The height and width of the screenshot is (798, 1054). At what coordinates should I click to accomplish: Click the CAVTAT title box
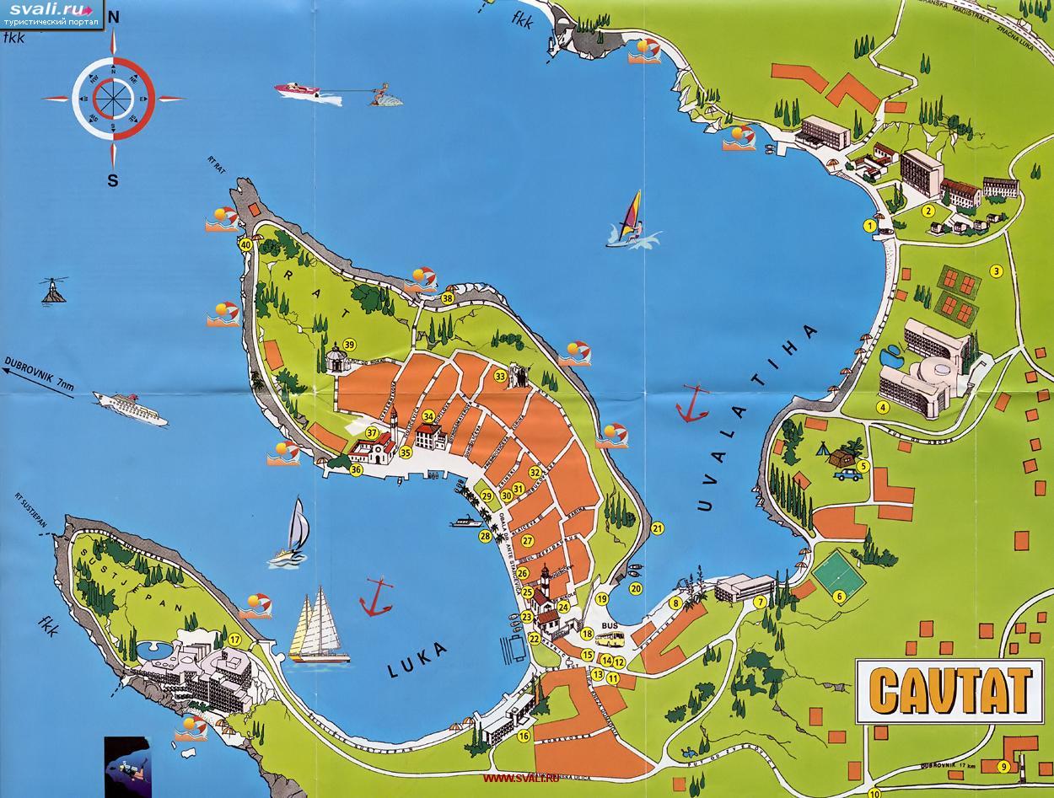[949, 690]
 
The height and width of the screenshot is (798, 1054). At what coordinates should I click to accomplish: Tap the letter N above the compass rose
[113, 18]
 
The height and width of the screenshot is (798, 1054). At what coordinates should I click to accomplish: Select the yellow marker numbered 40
[245, 244]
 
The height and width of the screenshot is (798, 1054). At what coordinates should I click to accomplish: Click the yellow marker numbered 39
[348, 344]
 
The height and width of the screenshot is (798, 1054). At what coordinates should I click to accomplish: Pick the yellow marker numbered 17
[235, 640]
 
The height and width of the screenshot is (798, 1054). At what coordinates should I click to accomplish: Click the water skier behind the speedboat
[384, 95]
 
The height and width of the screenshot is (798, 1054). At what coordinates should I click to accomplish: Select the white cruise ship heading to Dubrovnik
[130, 407]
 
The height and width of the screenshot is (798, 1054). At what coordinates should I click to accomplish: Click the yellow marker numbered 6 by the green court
[839, 597]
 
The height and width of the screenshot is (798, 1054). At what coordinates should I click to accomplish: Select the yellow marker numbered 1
[868, 225]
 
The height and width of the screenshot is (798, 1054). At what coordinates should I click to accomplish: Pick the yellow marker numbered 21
[658, 528]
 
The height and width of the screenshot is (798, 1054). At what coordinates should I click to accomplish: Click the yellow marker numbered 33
[500, 376]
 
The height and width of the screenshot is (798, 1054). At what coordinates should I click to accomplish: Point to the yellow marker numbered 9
[1003, 766]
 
